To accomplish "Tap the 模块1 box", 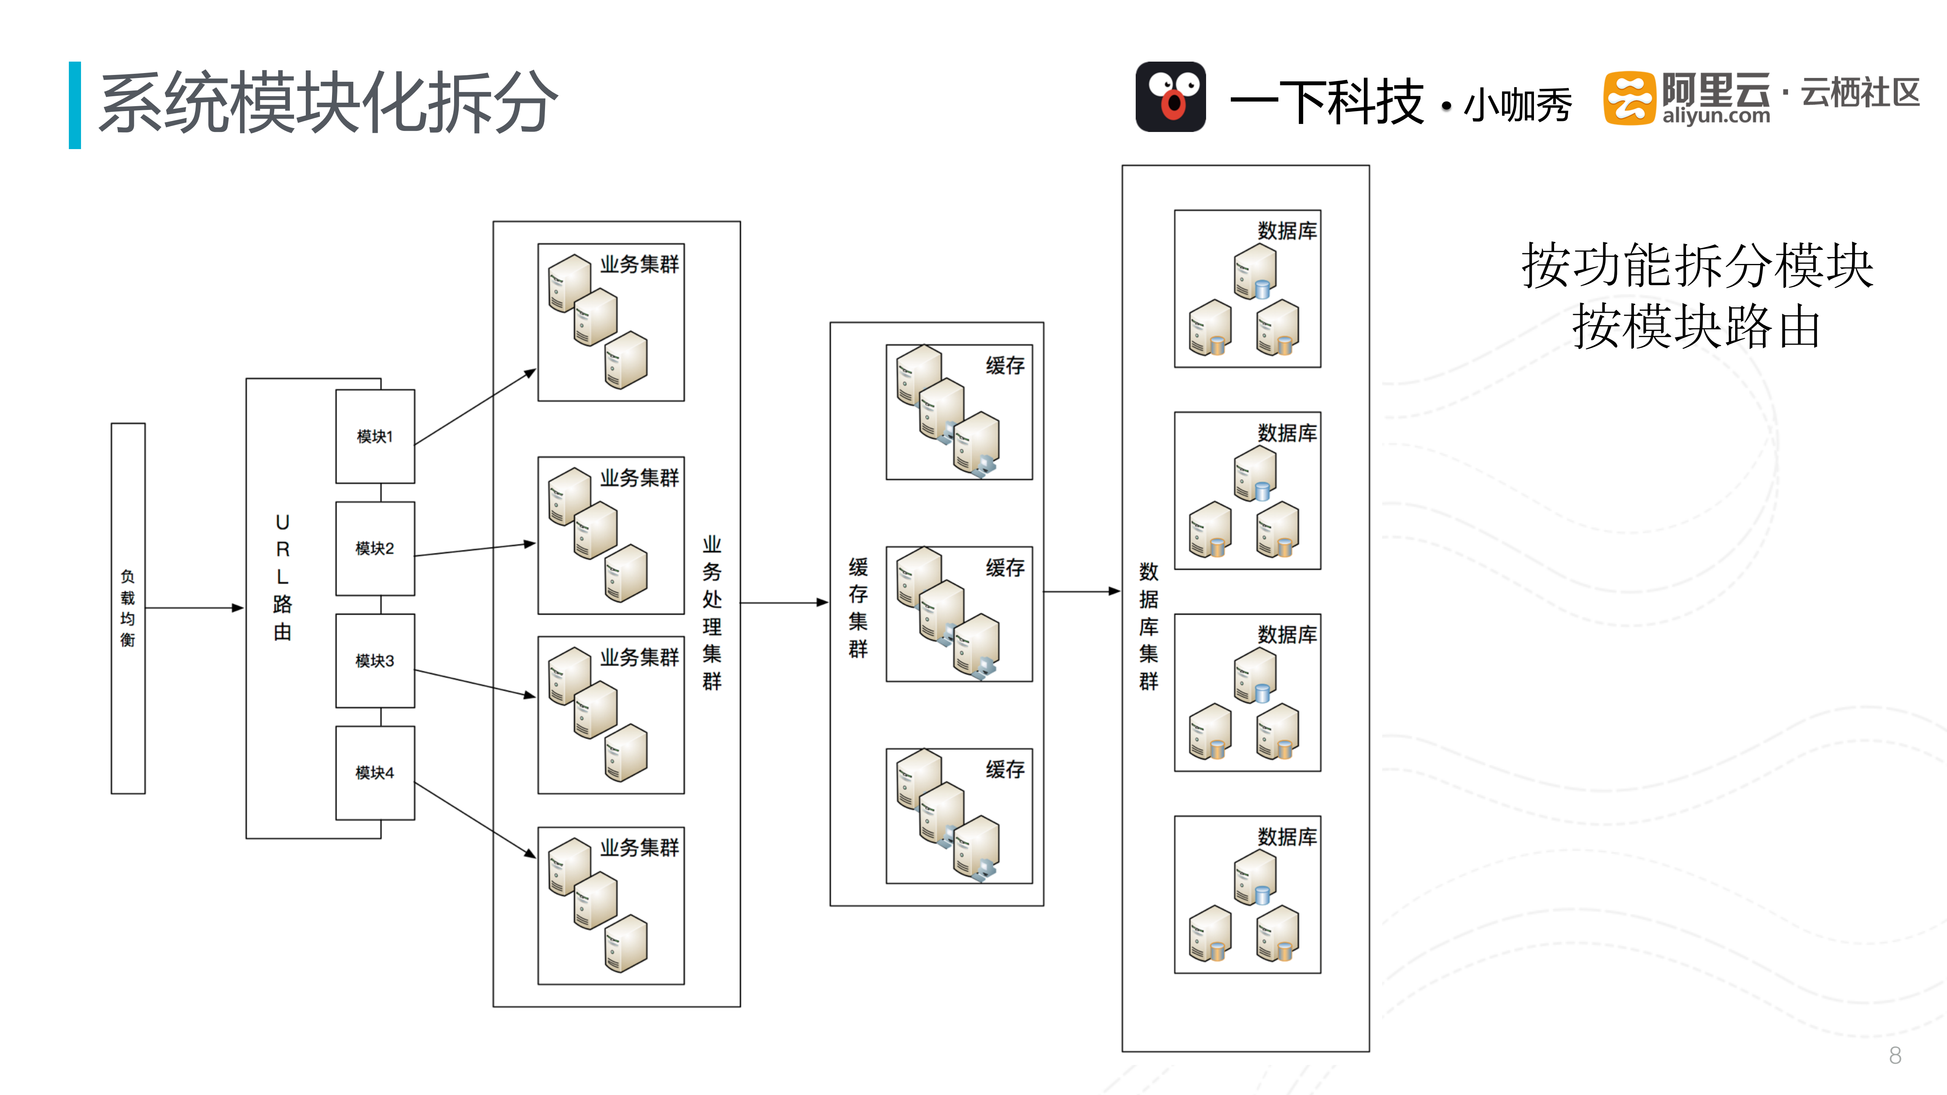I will [x=375, y=436].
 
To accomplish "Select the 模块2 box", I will [x=375, y=548].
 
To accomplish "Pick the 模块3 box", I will [x=375, y=661].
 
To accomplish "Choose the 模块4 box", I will [x=375, y=772].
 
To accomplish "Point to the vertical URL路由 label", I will [x=282, y=577].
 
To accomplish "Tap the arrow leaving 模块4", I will [x=475, y=820].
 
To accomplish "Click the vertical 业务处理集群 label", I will [x=711, y=612].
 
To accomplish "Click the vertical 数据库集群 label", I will [x=1148, y=626].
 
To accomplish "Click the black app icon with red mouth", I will [x=1170, y=97].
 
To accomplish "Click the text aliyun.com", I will [x=1716, y=116].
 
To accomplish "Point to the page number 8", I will [x=1895, y=1055].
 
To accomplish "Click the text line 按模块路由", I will [x=1696, y=327].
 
